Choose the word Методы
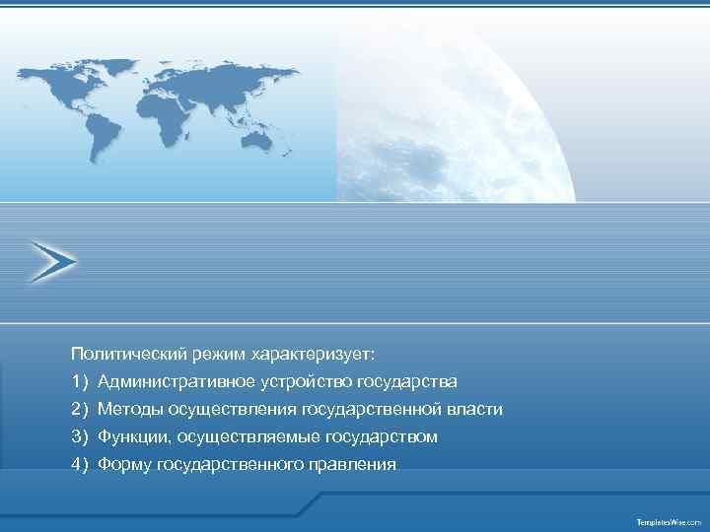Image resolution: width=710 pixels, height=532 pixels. point(129,409)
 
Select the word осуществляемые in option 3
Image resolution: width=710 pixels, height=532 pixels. point(240,436)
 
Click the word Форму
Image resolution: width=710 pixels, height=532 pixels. point(124,464)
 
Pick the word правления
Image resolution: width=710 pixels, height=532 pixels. point(356,464)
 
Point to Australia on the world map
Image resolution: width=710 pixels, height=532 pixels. point(258,141)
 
